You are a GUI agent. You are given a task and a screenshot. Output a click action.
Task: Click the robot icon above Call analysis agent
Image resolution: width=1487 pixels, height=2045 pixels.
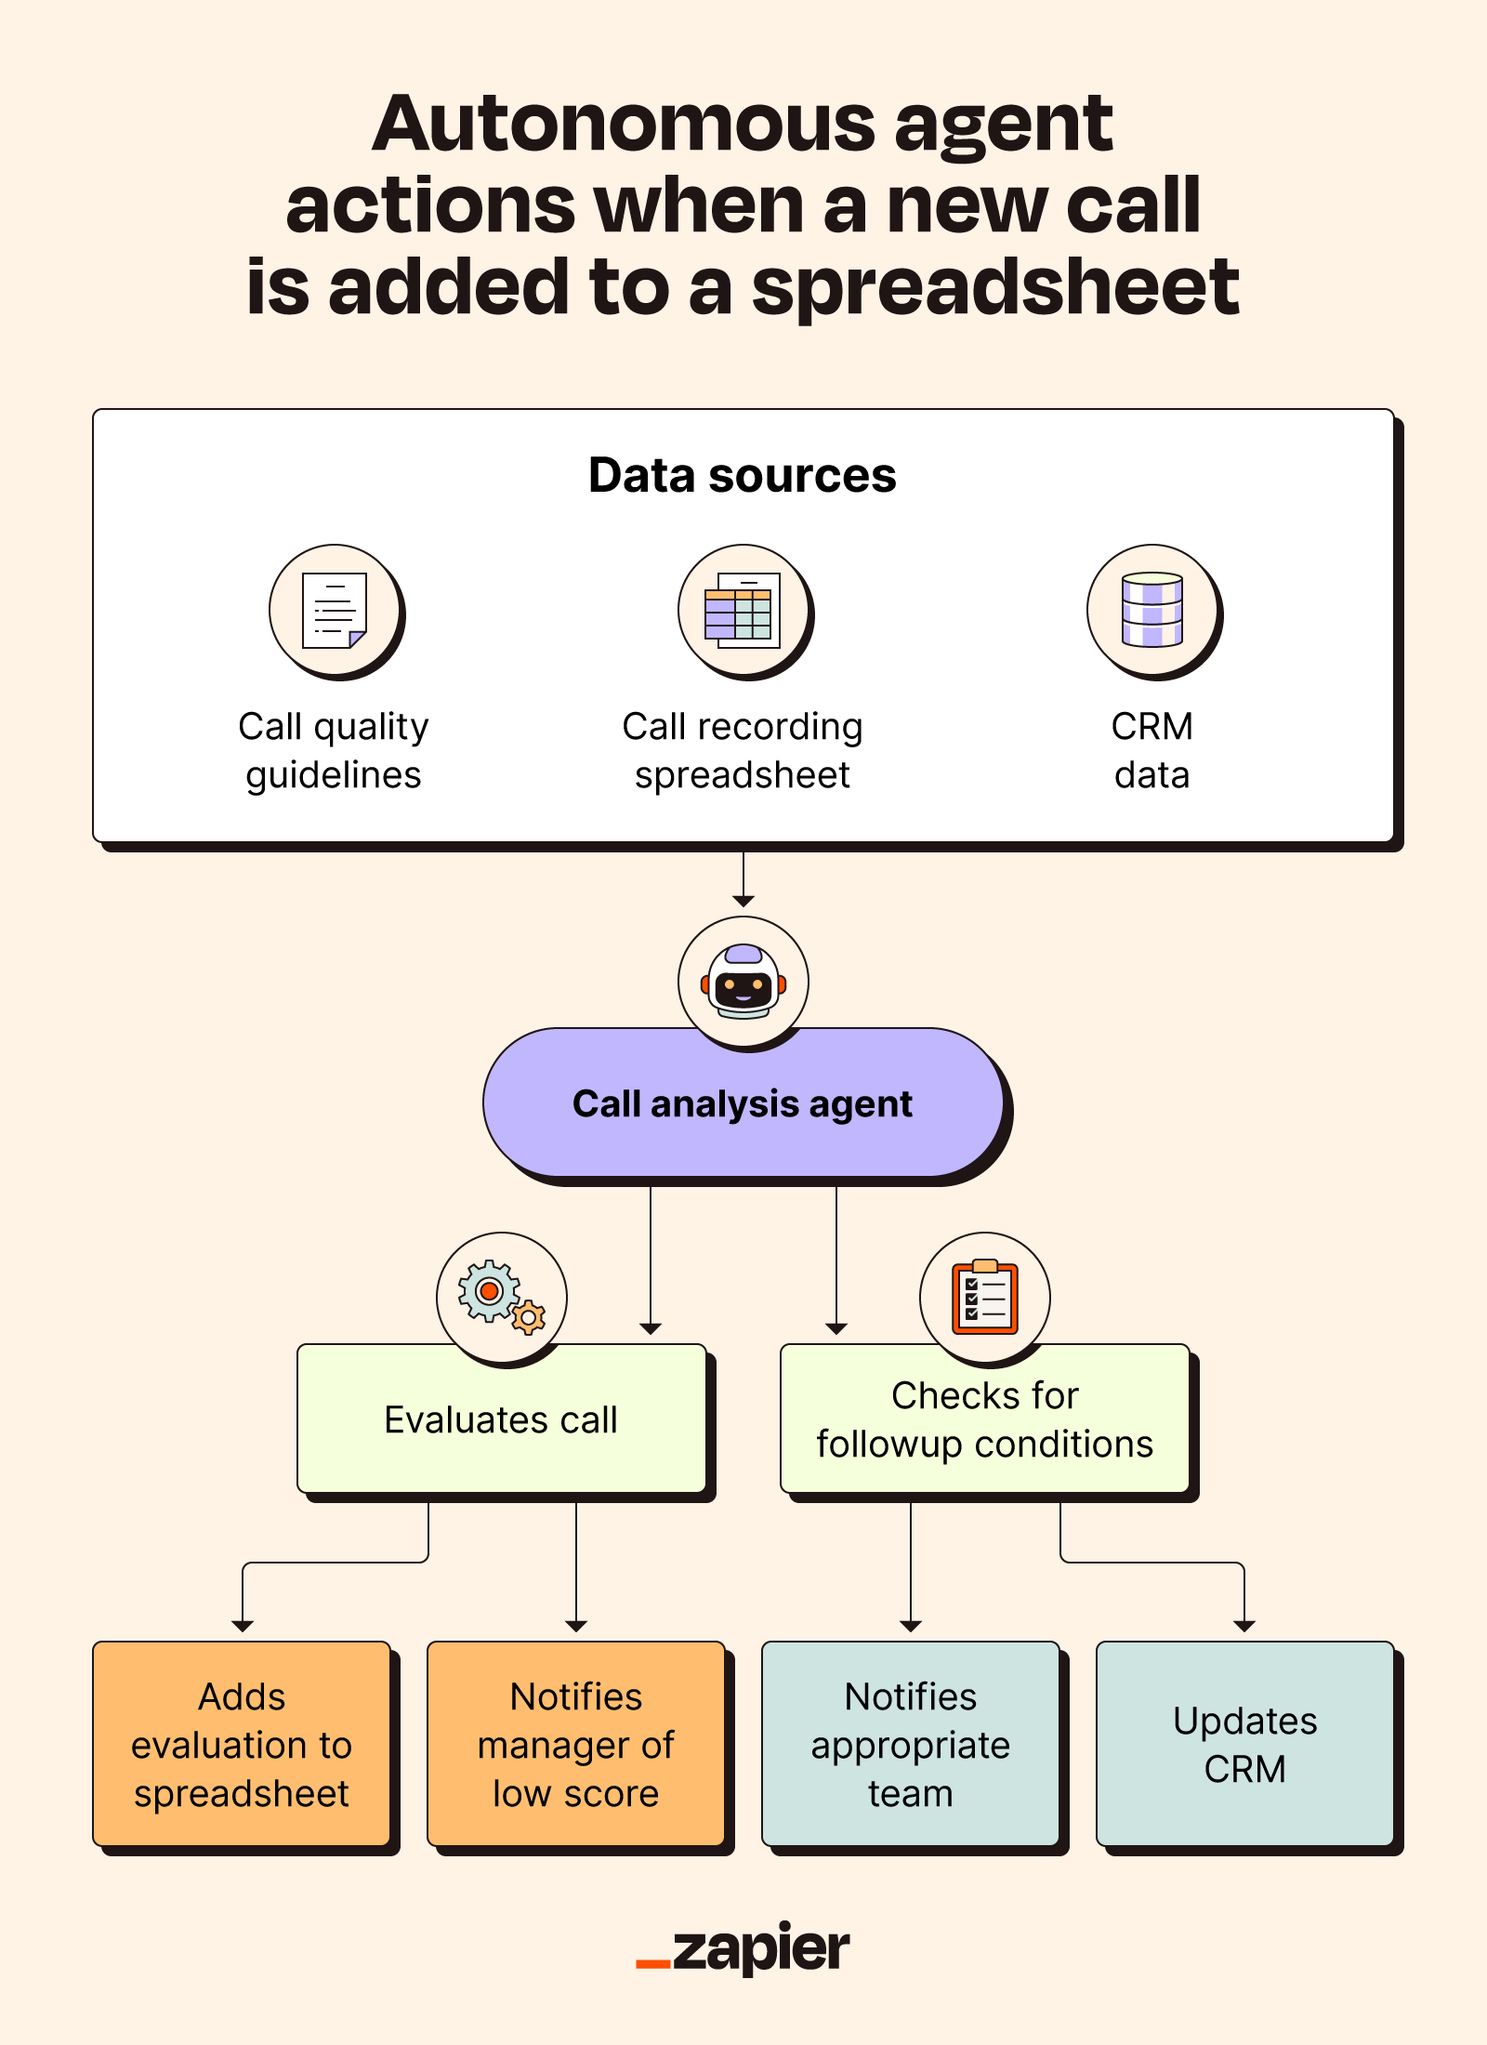coord(743,982)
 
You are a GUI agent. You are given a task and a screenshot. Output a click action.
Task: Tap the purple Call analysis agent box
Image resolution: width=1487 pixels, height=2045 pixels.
coord(743,1104)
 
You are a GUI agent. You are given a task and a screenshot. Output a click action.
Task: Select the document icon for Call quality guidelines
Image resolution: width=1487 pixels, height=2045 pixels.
coord(335,610)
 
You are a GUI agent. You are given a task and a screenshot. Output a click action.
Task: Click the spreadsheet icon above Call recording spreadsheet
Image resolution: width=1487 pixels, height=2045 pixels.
coord(743,610)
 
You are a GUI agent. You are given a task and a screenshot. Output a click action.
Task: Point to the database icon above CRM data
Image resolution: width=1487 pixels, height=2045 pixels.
coord(1152,610)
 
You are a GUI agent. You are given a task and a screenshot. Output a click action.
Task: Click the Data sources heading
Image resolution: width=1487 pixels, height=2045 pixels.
coord(743,475)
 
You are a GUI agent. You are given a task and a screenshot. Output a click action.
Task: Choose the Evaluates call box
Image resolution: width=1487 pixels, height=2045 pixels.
coord(502,1420)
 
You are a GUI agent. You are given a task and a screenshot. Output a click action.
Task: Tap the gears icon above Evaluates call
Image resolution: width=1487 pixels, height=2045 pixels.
coord(502,1296)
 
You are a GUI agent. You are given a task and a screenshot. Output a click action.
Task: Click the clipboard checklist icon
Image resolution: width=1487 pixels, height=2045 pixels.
coord(985,1296)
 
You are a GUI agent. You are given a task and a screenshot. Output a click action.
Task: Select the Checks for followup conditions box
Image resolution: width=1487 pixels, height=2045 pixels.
coord(985,1420)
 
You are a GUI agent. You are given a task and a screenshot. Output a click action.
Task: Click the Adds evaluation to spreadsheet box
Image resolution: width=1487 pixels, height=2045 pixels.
coord(242,1744)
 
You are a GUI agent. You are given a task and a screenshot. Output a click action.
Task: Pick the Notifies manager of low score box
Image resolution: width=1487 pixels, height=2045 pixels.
coord(576,1744)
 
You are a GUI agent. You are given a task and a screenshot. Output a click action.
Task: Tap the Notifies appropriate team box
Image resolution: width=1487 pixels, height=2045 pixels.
coord(911,1744)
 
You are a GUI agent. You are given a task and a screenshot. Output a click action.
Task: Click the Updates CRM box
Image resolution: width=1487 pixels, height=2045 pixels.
coord(1245,1744)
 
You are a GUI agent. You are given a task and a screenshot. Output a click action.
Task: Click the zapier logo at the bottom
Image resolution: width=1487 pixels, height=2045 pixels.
coord(743,1948)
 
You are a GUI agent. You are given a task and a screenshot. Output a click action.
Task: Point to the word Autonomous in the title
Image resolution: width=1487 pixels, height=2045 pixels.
coord(623,125)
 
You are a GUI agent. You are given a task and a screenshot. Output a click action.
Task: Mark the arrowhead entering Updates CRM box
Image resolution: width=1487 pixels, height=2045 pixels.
coord(1244,1626)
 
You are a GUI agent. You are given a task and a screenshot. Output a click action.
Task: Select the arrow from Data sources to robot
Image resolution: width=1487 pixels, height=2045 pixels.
coord(743,879)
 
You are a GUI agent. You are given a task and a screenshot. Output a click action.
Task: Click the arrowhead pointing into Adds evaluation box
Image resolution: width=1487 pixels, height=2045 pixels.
coord(243,1626)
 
